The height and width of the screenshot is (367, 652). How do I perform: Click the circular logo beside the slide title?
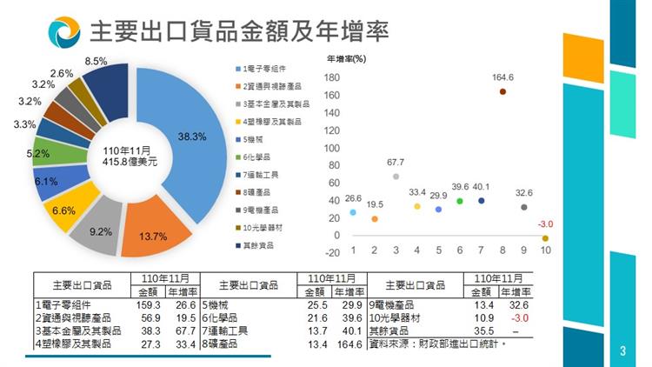(63, 32)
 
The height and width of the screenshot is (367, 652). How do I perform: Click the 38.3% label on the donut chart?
(191, 137)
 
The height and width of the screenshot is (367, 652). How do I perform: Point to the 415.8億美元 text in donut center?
(129, 162)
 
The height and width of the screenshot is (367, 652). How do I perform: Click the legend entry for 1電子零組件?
(265, 67)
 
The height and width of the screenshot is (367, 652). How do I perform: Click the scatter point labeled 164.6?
(502, 90)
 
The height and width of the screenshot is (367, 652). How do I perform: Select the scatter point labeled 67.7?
(396, 177)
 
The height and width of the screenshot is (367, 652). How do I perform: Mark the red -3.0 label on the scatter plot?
(545, 225)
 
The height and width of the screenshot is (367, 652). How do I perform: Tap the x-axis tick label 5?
(438, 250)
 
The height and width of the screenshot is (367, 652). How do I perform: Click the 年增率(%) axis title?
(346, 58)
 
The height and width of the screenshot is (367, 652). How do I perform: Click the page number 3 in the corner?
(622, 351)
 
